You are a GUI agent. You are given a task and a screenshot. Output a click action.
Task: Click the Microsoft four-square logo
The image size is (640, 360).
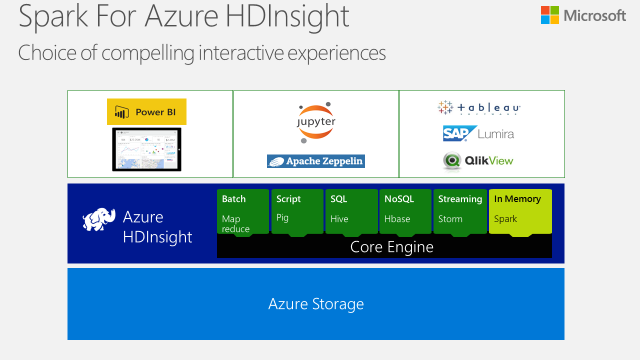(550, 15)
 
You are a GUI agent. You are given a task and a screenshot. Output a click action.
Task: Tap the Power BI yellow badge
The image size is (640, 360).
(148, 112)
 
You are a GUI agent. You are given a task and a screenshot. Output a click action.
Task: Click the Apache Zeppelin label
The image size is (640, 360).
(316, 160)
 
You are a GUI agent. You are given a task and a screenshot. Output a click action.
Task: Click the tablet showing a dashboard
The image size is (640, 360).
(148, 147)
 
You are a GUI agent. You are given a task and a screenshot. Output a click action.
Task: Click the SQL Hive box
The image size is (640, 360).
(352, 211)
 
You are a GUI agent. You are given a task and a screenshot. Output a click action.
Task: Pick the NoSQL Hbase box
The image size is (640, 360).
(406, 211)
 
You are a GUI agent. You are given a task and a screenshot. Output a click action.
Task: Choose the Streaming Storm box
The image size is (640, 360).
(460, 211)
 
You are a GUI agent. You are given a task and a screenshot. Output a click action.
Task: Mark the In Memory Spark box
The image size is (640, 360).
(519, 211)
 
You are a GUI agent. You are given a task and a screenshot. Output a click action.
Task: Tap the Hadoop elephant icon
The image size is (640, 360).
(99, 223)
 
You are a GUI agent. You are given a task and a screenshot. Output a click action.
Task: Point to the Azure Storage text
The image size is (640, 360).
(316, 304)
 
